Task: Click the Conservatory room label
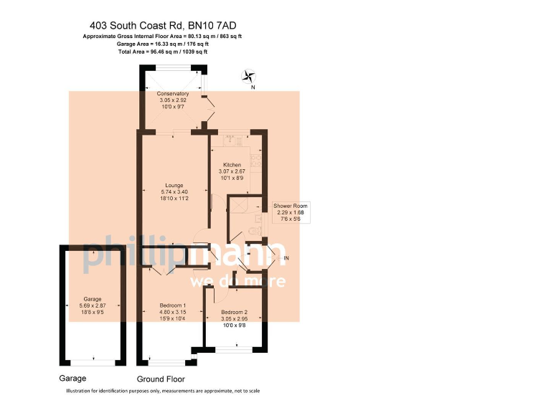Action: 172,94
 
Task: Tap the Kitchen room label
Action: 232,165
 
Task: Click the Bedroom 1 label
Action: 172,305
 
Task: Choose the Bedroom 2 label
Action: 234,313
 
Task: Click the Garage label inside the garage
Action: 93,299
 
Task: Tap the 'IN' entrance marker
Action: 286,258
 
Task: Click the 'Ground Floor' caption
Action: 161,379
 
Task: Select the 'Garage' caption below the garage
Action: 72,378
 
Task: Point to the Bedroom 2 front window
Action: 234,350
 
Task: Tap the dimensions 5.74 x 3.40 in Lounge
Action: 174,194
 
